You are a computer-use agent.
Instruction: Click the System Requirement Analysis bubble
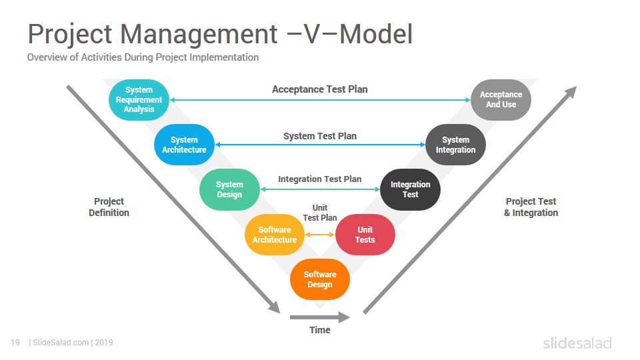coord(139,99)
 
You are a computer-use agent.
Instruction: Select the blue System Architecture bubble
coord(184,145)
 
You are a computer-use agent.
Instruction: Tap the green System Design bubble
coord(229,189)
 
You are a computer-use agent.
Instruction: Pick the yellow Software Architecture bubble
coord(275,235)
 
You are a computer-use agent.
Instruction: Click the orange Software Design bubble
coord(320,279)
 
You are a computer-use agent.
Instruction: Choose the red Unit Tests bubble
coord(365,235)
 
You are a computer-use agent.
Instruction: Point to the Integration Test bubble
coord(411,189)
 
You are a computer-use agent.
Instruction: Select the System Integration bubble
coord(456,145)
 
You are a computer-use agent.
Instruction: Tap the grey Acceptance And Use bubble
coord(501,99)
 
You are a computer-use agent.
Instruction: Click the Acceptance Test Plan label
coord(320,89)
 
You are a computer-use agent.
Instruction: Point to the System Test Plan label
coord(320,136)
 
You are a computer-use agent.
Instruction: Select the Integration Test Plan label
coord(319,179)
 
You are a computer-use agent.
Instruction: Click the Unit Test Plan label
coord(320,213)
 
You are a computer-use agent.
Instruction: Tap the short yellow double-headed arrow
coord(320,235)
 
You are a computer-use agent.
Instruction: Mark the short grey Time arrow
coord(320,317)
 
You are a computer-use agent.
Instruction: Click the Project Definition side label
coord(109,207)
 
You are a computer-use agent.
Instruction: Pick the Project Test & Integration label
coord(531,207)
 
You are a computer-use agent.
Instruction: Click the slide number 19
coord(15,343)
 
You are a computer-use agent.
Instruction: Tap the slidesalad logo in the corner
coord(577,343)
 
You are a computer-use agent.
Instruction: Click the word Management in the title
coord(199,33)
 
